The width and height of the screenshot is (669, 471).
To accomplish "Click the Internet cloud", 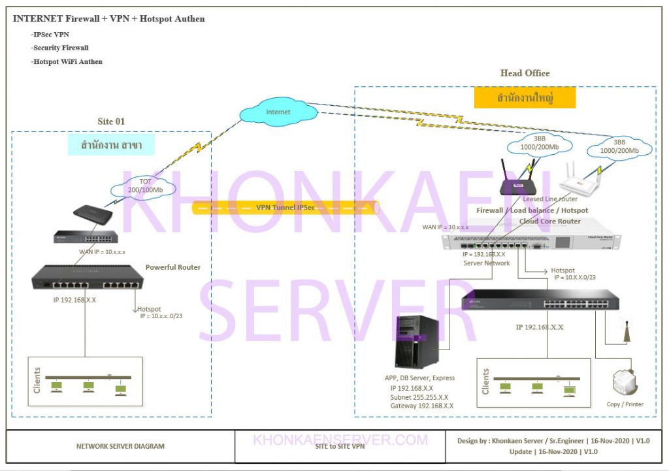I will [x=278, y=112].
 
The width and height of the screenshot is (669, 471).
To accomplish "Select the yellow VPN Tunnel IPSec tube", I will [x=286, y=208].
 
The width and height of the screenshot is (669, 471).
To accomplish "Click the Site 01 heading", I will [x=111, y=121].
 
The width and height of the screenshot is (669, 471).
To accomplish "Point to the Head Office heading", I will [x=525, y=73].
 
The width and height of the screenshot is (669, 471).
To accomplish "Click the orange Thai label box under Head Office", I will [x=525, y=99].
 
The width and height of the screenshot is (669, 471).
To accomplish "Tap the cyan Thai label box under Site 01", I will [x=112, y=145].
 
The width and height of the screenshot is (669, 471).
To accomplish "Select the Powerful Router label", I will [x=172, y=267].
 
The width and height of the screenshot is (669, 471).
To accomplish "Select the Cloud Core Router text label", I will [x=549, y=221].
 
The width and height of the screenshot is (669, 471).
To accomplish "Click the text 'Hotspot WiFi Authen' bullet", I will [x=67, y=62].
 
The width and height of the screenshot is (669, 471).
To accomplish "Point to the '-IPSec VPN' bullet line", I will [x=50, y=34].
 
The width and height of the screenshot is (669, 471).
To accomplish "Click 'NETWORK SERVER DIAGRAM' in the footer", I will [x=120, y=447].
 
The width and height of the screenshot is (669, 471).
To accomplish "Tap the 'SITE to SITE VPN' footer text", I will [x=340, y=447].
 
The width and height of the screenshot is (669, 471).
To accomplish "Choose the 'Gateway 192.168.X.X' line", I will [x=421, y=406].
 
